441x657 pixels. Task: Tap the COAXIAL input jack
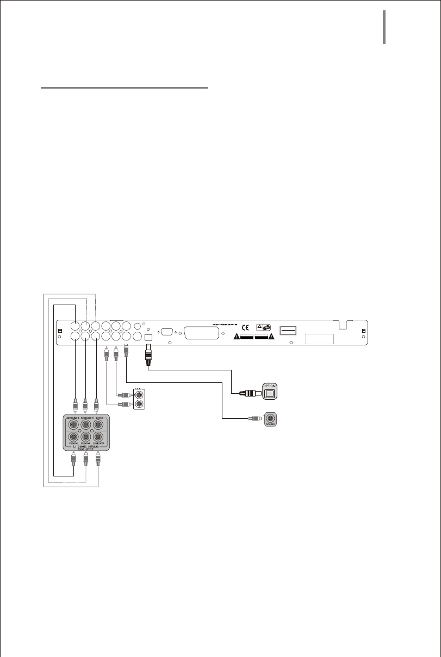click(x=270, y=419)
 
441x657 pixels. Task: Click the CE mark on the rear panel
click(x=246, y=327)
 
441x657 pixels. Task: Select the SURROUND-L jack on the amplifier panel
click(x=73, y=424)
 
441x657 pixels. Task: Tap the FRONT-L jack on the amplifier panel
click(x=73, y=437)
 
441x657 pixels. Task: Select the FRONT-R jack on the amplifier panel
click(x=85, y=437)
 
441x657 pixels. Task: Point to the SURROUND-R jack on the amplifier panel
click(x=85, y=424)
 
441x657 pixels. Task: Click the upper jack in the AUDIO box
click(x=140, y=395)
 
